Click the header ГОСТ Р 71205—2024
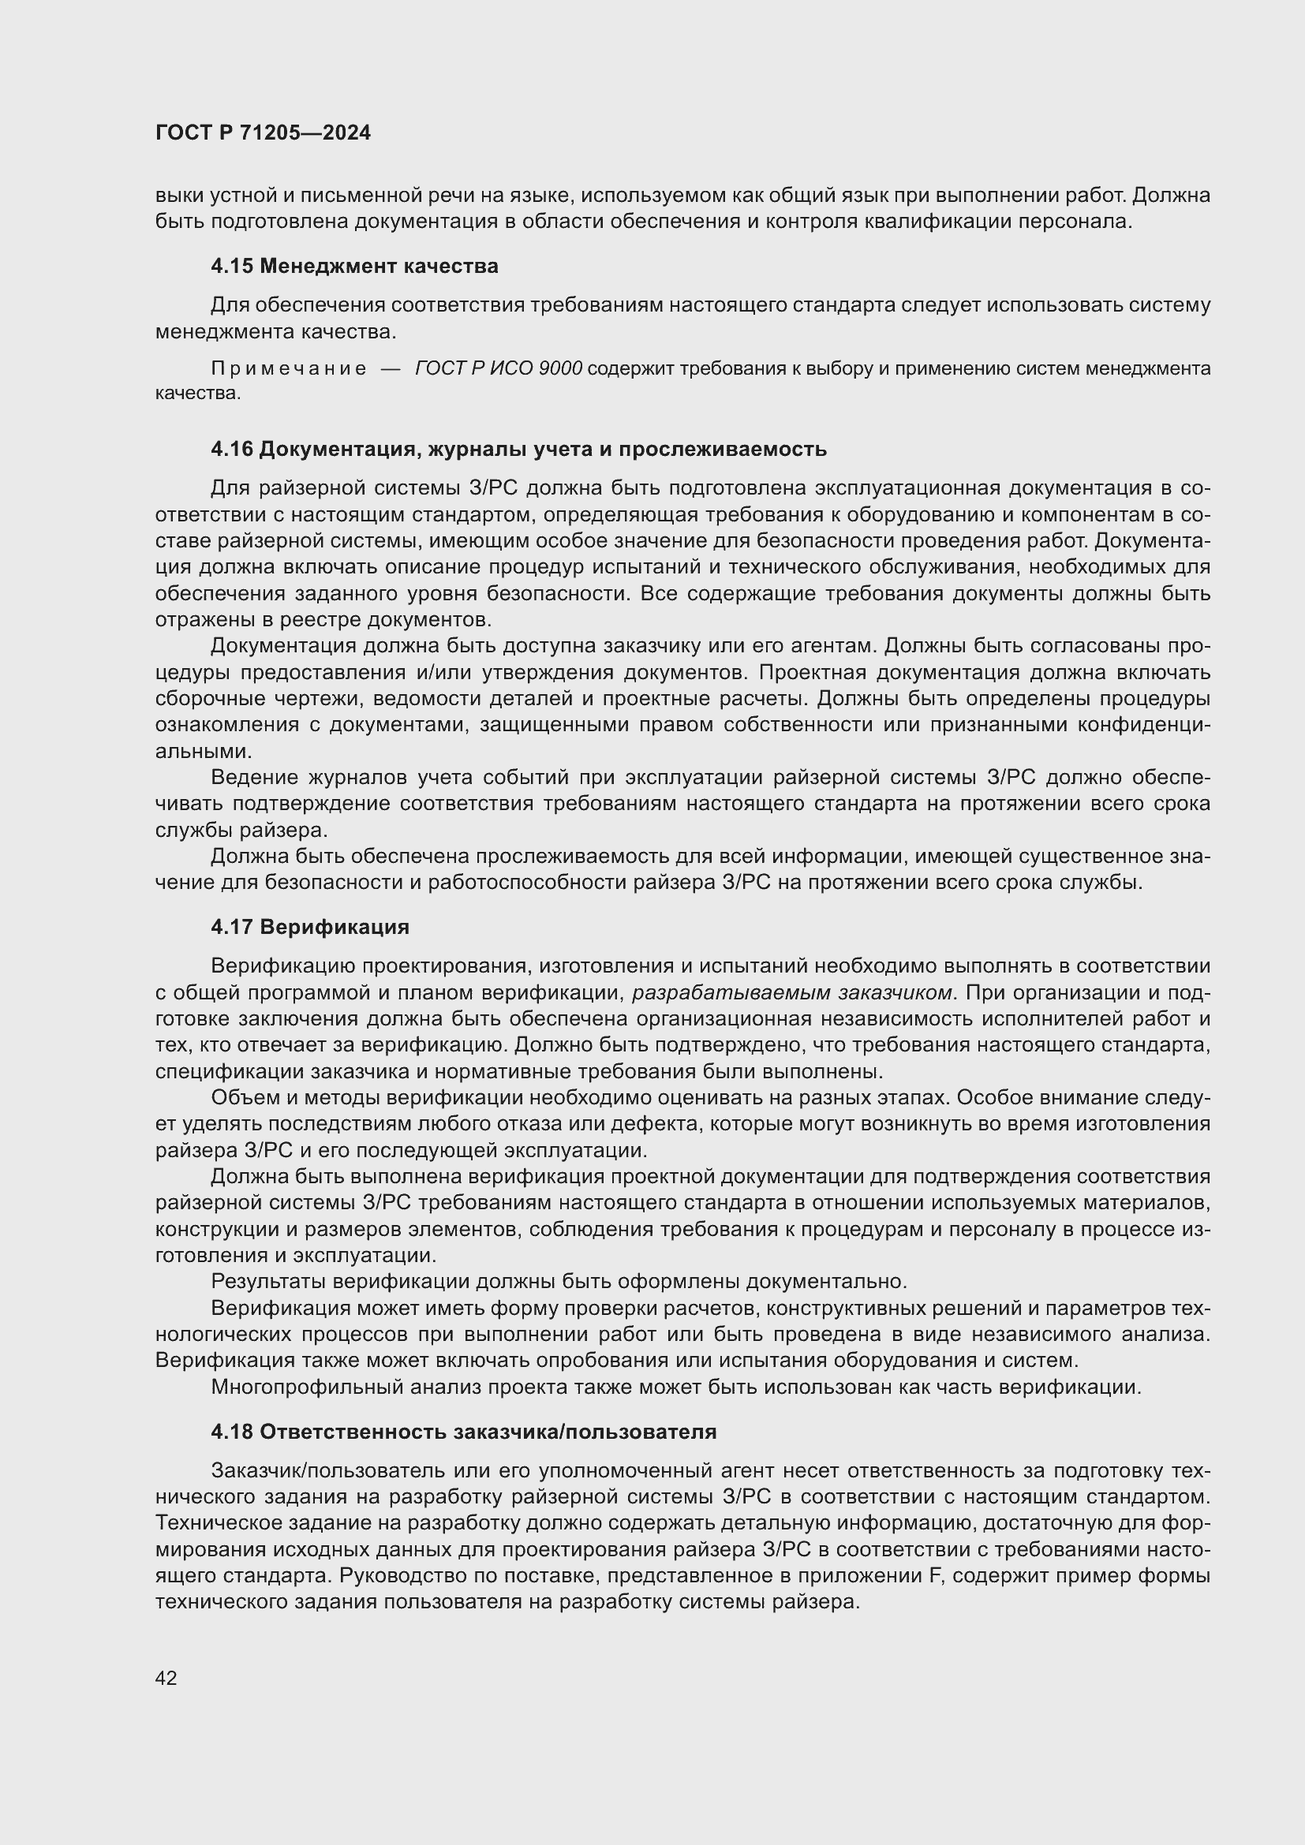[x=263, y=133]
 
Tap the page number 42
[x=166, y=1677]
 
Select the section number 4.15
[x=231, y=266]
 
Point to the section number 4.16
[x=231, y=449]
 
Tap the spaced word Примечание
[x=289, y=369]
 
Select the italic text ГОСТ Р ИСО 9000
[x=498, y=369]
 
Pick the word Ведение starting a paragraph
[x=250, y=777]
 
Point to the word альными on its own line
[x=204, y=752]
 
